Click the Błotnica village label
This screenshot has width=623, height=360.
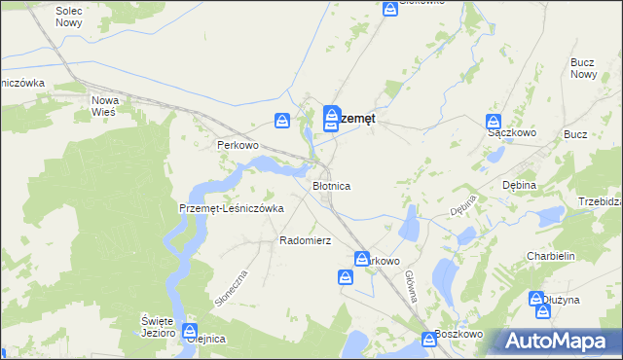click(x=331, y=185)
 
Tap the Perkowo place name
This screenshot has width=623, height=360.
click(x=237, y=145)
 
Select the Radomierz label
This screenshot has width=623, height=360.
click(x=306, y=240)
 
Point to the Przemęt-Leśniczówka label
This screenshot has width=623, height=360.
click(x=231, y=208)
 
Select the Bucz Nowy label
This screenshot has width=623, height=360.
click(x=583, y=68)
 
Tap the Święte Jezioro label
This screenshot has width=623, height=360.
click(x=157, y=327)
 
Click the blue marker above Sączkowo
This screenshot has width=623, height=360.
click(x=494, y=123)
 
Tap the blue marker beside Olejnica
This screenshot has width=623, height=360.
click(x=190, y=332)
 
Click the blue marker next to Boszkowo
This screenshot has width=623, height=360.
click(x=429, y=340)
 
